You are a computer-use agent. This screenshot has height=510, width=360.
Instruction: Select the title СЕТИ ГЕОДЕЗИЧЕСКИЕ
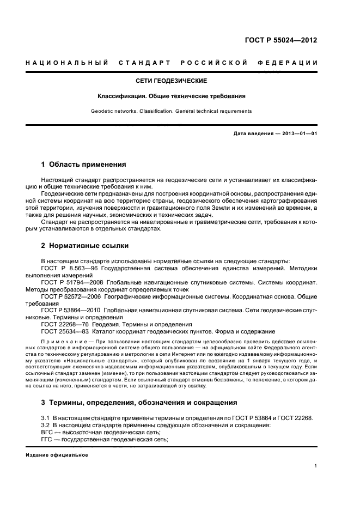click(x=170, y=81)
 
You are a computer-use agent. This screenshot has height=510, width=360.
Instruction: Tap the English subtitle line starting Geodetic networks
click(x=171, y=111)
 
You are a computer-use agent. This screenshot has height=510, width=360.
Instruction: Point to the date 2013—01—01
click(x=298, y=133)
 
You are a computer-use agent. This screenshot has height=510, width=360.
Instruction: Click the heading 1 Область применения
click(x=84, y=164)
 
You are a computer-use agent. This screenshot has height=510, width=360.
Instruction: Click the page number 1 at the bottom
click(x=316, y=466)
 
